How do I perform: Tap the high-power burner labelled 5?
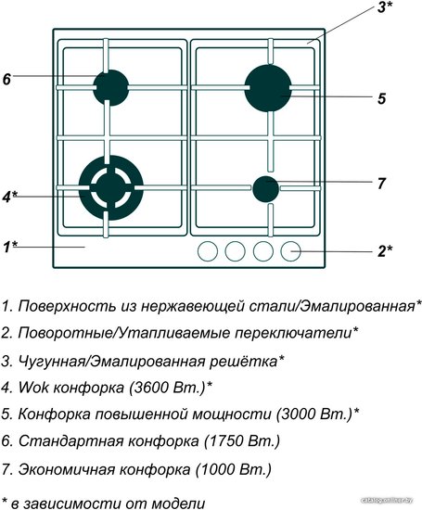(x=268, y=88)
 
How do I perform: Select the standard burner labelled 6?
(x=111, y=87)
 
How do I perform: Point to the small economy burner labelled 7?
(x=266, y=189)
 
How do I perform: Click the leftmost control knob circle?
(x=208, y=251)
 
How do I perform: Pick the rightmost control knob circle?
(x=290, y=251)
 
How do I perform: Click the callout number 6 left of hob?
(x=6, y=79)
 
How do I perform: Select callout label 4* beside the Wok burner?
(x=10, y=197)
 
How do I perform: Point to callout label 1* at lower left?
(x=10, y=248)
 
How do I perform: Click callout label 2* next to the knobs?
(x=385, y=251)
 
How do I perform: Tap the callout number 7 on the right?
(x=381, y=184)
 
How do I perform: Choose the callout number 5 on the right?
(x=381, y=98)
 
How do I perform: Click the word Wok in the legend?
(x=33, y=387)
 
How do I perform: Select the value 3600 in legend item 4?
(x=150, y=387)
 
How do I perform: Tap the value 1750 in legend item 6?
(x=225, y=441)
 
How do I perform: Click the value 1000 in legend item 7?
(x=217, y=469)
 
